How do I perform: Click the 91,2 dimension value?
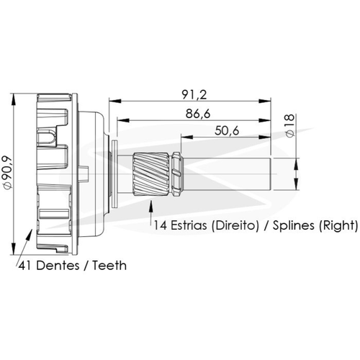point(194,94)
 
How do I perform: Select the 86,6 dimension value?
point(198,114)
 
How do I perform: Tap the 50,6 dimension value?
point(227,131)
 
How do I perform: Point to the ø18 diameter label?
point(290,125)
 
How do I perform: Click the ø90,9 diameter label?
point(7,172)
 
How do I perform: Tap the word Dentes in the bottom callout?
point(58,266)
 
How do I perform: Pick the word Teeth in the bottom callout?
point(109,266)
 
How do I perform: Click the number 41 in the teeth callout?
point(25,266)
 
